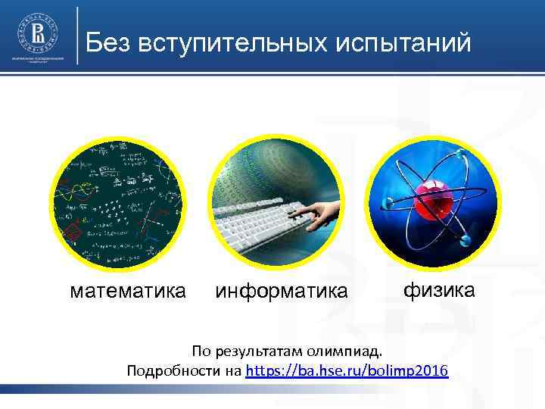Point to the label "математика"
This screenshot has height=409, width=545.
[x=127, y=291]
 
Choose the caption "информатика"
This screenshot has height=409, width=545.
[x=282, y=291]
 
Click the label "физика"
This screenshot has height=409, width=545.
[x=439, y=289]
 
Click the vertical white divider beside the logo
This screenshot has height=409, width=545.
[x=78, y=35]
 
